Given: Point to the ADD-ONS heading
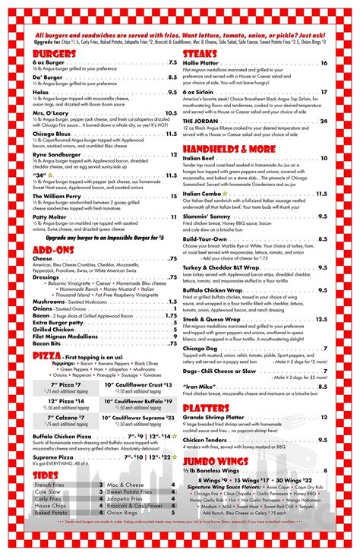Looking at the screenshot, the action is click(x=54, y=248).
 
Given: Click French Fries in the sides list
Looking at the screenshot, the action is click(x=49, y=485).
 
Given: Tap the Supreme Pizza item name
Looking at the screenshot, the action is click(x=52, y=456).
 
